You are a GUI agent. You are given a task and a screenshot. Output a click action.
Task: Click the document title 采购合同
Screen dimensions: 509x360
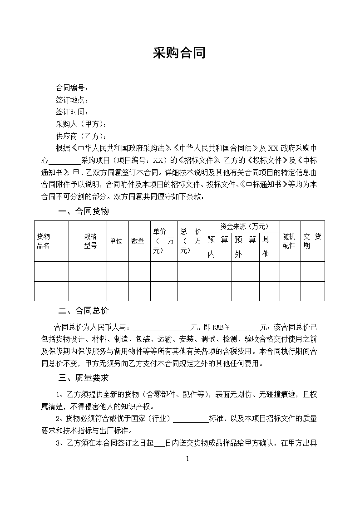tap(179, 53)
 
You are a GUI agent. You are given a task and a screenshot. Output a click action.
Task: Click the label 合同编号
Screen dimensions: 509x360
tap(71, 88)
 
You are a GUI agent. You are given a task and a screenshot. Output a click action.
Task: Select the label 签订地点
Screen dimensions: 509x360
tap(71, 100)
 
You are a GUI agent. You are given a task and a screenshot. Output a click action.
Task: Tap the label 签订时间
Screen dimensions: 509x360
tap(71, 112)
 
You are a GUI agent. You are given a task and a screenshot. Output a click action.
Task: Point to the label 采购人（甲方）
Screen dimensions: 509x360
tap(81, 124)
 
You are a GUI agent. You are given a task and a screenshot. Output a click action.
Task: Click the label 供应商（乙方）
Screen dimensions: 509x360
tap(81, 136)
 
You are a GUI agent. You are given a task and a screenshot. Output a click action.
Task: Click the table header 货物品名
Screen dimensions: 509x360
tap(44, 241)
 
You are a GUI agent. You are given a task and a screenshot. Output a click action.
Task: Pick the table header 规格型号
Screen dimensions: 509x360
tap(90, 241)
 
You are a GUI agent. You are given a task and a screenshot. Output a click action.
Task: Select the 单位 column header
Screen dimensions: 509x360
tap(116, 241)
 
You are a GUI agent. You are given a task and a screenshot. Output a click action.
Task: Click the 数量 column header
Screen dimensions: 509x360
tap(138, 241)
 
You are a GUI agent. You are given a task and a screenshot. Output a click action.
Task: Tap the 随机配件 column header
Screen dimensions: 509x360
tap(289, 241)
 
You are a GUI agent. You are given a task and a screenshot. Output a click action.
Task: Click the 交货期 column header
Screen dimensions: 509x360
tap(312, 241)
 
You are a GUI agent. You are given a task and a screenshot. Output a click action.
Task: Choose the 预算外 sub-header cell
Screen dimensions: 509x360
tap(245, 247)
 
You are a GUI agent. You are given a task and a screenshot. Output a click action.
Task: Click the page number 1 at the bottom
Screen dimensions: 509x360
tap(187, 459)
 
